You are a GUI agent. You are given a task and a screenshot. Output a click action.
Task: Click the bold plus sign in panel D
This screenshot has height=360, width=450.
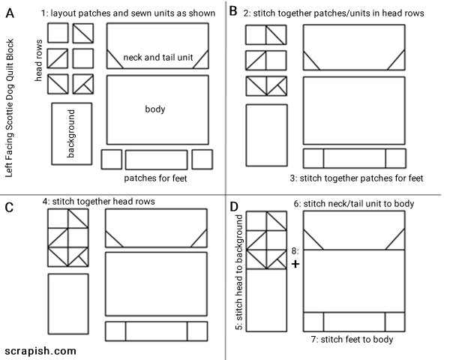coord(295,265)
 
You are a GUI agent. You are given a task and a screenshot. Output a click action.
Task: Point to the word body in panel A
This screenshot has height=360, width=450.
coord(154,109)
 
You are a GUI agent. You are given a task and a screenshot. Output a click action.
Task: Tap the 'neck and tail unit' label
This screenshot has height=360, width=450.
coord(157,58)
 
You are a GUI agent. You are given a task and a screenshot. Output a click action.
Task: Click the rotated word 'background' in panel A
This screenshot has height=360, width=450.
coord(71,133)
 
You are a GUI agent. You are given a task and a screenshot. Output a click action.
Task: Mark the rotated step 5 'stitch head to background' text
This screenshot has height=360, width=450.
coord(240,273)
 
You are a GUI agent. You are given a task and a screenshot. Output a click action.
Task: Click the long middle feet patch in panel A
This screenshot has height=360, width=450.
coord(156,160)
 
